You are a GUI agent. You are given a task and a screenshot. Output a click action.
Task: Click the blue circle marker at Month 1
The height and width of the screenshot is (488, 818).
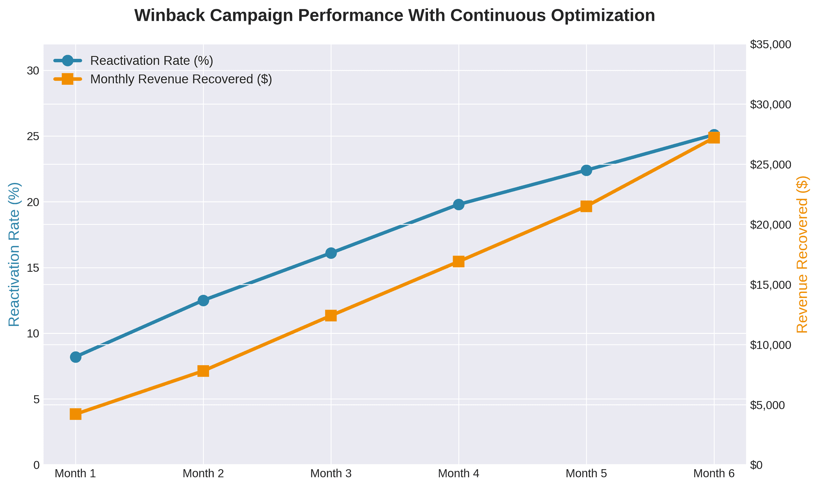coord(75,357)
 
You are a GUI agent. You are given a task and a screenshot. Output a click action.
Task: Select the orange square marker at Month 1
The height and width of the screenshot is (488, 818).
coord(75,414)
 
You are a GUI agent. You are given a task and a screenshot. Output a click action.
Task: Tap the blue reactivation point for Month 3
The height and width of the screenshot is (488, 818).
coord(331,253)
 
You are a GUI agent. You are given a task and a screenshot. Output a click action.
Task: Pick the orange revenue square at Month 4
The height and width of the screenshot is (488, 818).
coord(458,262)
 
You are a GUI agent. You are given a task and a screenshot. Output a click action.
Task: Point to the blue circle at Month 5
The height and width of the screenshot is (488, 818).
coord(586,170)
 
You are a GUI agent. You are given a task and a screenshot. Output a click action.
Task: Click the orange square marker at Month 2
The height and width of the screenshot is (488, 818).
coord(203,371)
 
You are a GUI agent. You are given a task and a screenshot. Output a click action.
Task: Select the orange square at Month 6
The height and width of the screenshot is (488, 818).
coord(714,138)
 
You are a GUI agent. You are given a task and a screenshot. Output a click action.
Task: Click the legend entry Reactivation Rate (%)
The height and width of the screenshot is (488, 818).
coord(152,61)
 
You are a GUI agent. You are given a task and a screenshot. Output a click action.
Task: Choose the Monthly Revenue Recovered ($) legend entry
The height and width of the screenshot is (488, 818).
coord(181,79)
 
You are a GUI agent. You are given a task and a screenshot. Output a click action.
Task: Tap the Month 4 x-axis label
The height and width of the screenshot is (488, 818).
coord(458,474)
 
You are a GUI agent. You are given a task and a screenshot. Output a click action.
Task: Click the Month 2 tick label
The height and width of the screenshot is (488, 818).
coord(203,474)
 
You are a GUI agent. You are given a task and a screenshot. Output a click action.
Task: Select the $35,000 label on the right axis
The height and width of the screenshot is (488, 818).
coord(770,44)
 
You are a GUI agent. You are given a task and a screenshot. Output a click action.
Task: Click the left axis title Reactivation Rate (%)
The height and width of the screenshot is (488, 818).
coord(14,254)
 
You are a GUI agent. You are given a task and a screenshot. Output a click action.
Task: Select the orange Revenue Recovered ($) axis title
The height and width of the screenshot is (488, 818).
coord(802,254)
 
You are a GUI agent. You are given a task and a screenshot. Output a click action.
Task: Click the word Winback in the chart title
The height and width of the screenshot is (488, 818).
coord(166,15)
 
